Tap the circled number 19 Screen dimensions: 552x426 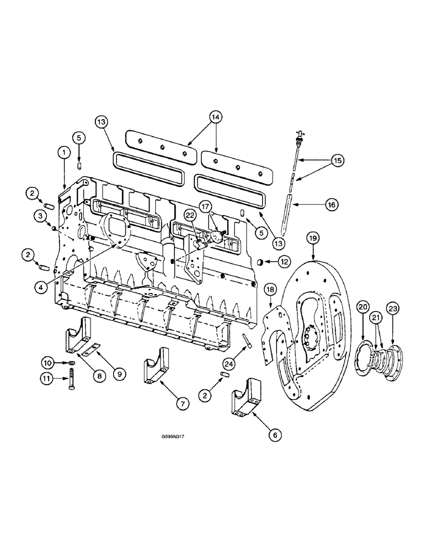pyautogui.click(x=313, y=238)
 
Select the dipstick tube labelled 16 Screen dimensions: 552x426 pyautogui.click(x=289, y=213)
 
